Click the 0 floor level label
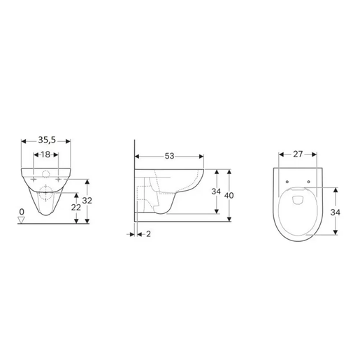pyautogui.click(x=22, y=211)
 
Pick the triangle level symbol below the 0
pyautogui.click(x=22, y=219)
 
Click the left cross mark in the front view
pyautogui.click(x=34, y=180)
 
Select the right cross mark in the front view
pyautogui.click(x=58, y=180)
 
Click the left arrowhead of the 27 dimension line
pyautogui.click(x=281, y=154)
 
